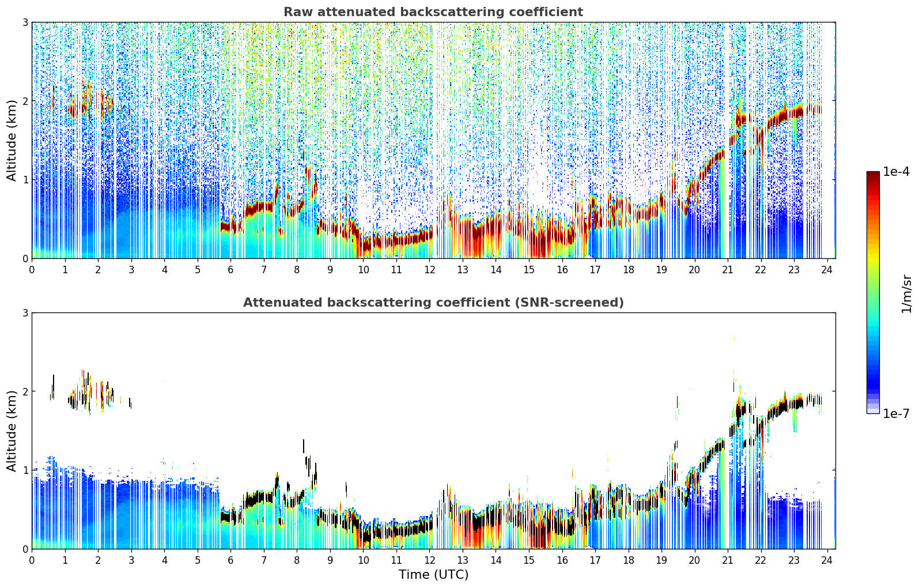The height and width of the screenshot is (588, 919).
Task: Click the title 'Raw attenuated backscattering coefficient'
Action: click(x=433, y=12)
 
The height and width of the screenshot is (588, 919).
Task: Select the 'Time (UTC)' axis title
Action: click(x=433, y=574)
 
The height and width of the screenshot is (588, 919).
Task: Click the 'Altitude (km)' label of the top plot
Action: click(x=12, y=141)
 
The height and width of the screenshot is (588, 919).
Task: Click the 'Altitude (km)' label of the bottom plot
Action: click(x=12, y=431)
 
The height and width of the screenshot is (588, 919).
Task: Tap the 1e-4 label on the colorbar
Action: click(x=895, y=172)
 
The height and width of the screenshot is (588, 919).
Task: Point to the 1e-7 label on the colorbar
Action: click(x=895, y=413)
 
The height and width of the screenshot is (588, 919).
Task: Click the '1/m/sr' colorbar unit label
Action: click(x=906, y=294)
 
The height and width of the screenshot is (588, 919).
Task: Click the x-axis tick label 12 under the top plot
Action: click(x=430, y=270)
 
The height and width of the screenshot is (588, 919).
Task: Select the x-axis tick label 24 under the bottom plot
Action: click(x=827, y=560)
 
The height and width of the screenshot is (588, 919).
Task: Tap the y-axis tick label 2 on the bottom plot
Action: click(x=25, y=391)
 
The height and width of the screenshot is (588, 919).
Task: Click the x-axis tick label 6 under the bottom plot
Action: click(x=230, y=560)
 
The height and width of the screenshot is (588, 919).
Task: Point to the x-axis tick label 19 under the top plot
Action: click(x=661, y=270)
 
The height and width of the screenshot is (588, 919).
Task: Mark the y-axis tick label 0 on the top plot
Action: click(x=25, y=258)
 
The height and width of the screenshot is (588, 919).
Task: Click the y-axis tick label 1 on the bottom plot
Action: click(x=25, y=470)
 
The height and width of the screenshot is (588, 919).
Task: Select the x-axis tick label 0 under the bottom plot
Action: click(x=32, y=560)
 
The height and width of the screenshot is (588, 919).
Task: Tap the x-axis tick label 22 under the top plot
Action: click(x=761, y=270)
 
